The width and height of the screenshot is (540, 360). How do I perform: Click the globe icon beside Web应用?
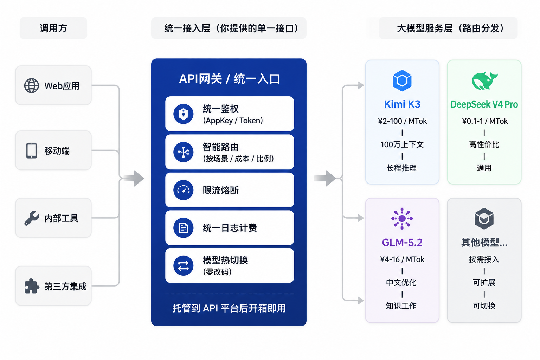[x=31, y=85]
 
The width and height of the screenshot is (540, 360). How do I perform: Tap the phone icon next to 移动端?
[x=31, y=151]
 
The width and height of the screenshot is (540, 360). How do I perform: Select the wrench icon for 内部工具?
[x=31, y=218]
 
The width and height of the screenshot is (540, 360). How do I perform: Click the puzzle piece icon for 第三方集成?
[x=32, y=286]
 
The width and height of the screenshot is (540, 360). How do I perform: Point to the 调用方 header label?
[x=53, y=28]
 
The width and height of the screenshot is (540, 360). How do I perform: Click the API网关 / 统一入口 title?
[x=229, y=79]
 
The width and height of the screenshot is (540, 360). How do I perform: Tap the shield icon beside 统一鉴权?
[x=183, y=114]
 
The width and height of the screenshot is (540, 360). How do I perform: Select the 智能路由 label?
[x=220, y=147]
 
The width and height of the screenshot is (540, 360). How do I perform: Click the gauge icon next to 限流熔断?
[x=183, y=190]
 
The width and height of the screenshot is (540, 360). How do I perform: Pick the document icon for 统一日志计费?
[x=183, y=228]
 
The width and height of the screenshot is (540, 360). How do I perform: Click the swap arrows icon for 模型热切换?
[x=183, y=266]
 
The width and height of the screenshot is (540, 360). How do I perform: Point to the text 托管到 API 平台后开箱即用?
[x=229, y=308]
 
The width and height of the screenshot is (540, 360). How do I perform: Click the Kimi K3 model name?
[x=402, y=104]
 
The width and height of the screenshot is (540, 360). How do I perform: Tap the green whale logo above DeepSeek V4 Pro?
[x=484, y=81]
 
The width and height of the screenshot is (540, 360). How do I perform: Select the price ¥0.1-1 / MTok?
[x=485, y=121]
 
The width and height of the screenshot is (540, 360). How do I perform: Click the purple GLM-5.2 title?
[x=402, y=242]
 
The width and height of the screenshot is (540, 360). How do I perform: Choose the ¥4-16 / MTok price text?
[x=402, y=259]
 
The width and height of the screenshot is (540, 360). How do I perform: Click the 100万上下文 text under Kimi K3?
[x=402, y=144]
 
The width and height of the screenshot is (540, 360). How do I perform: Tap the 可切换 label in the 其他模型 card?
[x=484, y=306]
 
